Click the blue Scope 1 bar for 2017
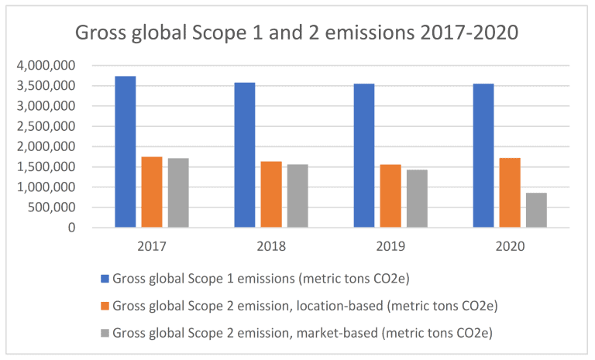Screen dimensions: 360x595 125,152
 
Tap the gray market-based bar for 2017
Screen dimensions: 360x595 178,193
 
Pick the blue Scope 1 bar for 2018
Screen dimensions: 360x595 244,155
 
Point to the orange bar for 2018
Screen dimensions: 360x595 271,194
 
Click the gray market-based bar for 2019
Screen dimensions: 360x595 417,198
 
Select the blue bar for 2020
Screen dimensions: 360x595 483,156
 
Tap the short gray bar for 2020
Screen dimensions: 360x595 536,210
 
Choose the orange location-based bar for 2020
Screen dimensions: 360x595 510,193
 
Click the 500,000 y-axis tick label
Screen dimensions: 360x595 53,207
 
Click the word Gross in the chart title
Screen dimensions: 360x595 101,34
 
